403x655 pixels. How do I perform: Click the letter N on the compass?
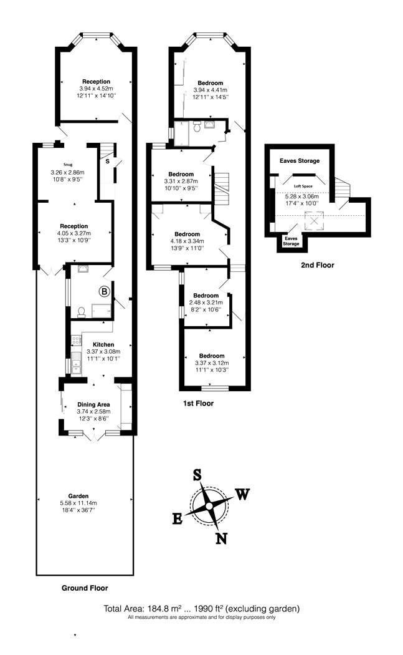[221, 538]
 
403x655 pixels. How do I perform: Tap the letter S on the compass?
[197, 475]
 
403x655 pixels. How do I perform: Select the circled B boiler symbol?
[104, 291]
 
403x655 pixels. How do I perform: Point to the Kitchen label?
[103, 344]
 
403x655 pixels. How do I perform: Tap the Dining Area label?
[93, 404]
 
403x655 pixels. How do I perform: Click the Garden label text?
[78, 497]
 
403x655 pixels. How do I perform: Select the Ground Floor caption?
[85, 588]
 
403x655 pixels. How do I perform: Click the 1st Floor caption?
[198, 403]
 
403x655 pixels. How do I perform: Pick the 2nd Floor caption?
[318, 265]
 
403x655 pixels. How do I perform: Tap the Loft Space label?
[303, 187]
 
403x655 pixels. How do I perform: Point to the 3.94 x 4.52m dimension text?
[96, 89]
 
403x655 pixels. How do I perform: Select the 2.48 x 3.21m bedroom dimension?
[206, 303]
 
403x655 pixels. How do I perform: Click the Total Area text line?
[202, 609]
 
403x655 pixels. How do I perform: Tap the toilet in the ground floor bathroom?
[82, 312]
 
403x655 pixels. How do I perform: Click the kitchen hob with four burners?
[77, 341]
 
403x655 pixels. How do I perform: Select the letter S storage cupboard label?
[107, 161]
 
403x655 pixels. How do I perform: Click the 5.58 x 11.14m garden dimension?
[78, 503]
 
